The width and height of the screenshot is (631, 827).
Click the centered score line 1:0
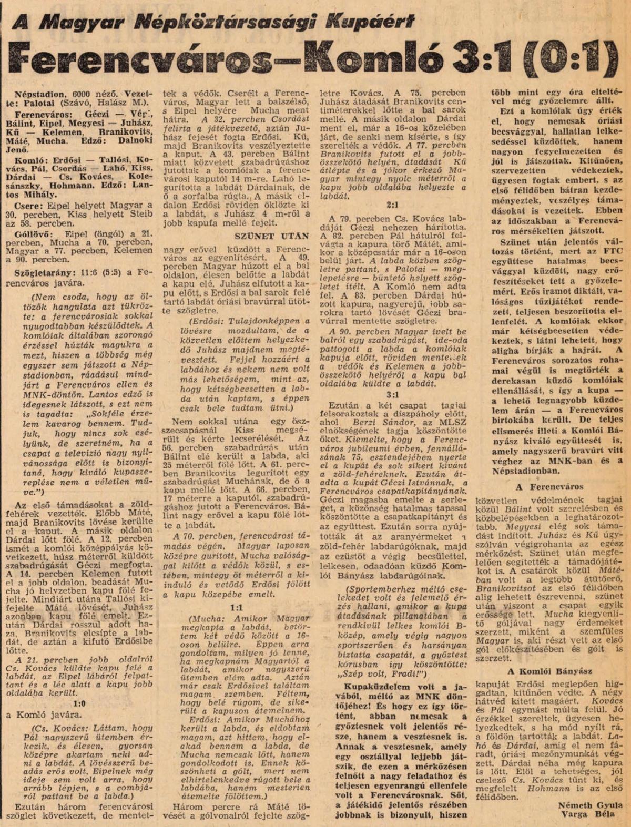80,703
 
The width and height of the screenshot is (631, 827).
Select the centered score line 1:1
235,607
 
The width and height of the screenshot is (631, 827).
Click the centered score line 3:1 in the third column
392,394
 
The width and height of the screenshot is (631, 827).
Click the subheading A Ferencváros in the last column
549,487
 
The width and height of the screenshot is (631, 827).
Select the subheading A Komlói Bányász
550,671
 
